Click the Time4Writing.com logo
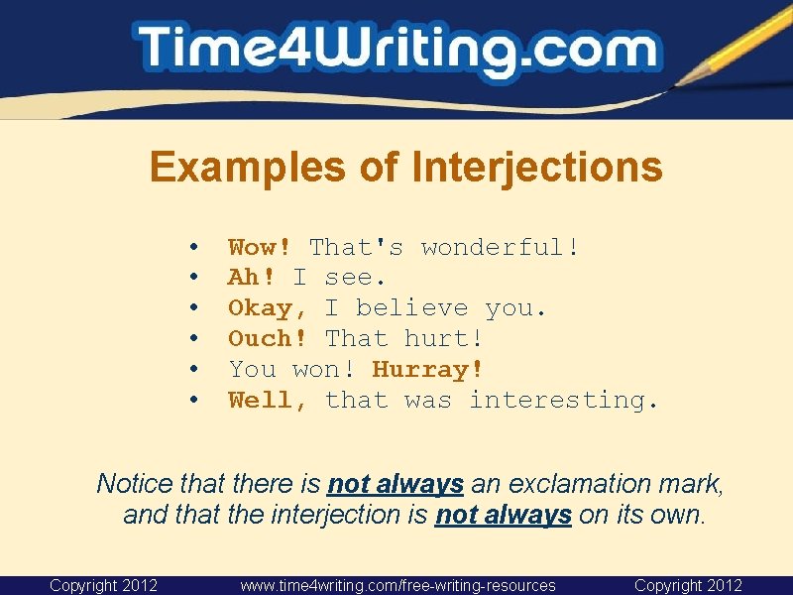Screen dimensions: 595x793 coord(396,50)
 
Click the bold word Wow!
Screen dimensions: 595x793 coord(260,247)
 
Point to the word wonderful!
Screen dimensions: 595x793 coord(501,247)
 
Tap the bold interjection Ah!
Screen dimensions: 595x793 coord(252,278)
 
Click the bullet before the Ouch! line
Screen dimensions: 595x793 coord(196,339)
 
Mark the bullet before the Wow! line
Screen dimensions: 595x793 coord(196,247)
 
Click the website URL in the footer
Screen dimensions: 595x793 coord(397,586)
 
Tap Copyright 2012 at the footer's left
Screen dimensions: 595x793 coord(104,586)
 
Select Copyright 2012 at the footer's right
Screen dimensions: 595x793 coord(688,586)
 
